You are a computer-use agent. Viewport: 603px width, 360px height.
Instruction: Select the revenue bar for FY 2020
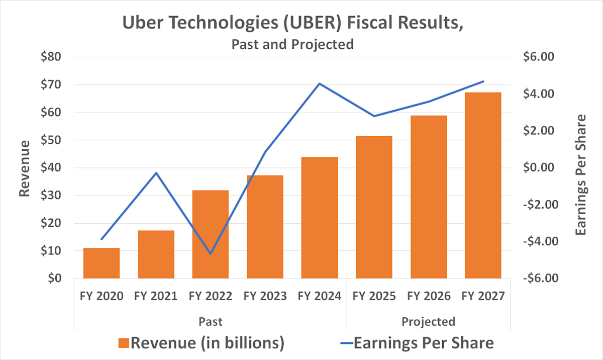coord(102,263)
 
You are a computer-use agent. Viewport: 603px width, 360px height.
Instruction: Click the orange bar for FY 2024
coord(320,218)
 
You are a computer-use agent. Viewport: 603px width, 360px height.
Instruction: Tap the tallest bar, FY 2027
coord(483,185)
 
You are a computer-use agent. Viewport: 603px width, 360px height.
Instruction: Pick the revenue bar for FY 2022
coord(211,234)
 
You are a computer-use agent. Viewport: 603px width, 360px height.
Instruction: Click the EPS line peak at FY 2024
coord(320,83)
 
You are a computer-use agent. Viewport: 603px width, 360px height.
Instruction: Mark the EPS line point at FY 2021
coord(156,173)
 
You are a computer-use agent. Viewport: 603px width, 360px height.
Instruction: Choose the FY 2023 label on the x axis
coord(265,297)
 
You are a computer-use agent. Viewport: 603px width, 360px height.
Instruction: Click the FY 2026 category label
coord(429,297)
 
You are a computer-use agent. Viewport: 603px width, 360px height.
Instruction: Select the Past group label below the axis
coord(210,321)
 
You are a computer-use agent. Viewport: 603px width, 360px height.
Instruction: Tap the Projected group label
coord(428,321)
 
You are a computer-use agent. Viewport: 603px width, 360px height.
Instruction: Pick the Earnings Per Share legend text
coord(424,343)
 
